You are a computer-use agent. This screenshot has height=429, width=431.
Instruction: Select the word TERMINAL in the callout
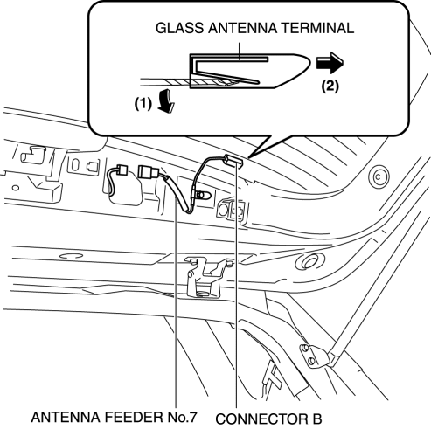pos(317,28)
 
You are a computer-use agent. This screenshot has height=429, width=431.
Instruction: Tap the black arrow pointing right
pos(330,63)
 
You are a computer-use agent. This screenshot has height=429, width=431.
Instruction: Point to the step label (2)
pos(330,86)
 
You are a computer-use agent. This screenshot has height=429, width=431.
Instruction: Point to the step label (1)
pos(143,103)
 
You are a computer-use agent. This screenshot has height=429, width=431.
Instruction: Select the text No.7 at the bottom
pos(183,417)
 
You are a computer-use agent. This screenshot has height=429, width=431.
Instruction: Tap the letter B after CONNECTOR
pos(316,419)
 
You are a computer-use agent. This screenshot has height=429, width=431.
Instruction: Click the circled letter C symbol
pos(379,176)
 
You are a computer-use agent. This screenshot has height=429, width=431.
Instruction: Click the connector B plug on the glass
pos(233,161)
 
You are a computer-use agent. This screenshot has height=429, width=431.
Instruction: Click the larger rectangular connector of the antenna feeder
pos(149,172)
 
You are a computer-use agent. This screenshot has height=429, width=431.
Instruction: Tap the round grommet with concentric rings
pos(309,261)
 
